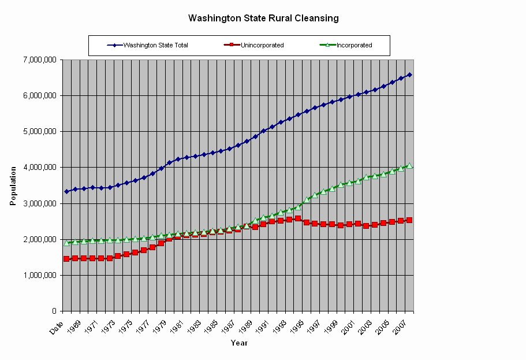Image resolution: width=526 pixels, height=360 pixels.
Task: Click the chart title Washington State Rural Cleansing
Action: click(x=263, y=18)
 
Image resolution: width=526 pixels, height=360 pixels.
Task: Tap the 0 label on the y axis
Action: click(x=54, y=311)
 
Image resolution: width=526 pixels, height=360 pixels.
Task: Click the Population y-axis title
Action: click(x=13, y=185)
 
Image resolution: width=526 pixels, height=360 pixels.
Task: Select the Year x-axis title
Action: click(x=239, y=343)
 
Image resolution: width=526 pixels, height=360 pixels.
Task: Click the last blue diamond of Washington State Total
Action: click(x=409, y=75)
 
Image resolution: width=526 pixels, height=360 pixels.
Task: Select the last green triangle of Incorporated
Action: click(x=409, y=165)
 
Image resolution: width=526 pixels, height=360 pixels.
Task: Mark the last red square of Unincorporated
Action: click(x=409, y=220)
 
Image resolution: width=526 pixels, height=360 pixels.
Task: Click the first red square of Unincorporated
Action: click(x=66, y=259)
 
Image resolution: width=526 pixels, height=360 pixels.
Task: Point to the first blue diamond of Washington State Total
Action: click(x=66, y=191)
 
